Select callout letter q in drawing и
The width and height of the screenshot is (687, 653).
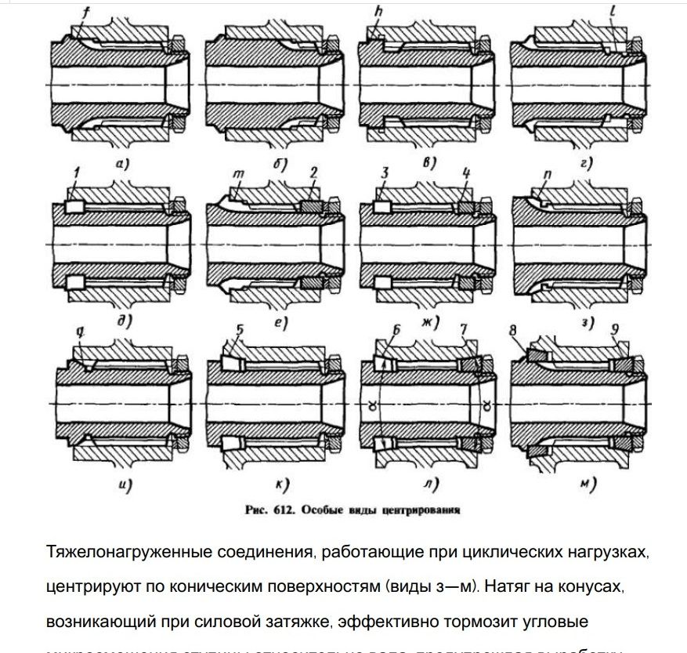[78, 332]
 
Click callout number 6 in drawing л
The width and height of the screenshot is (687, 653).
[396, 330]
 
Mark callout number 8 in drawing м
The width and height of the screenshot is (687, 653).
[515, 332]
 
